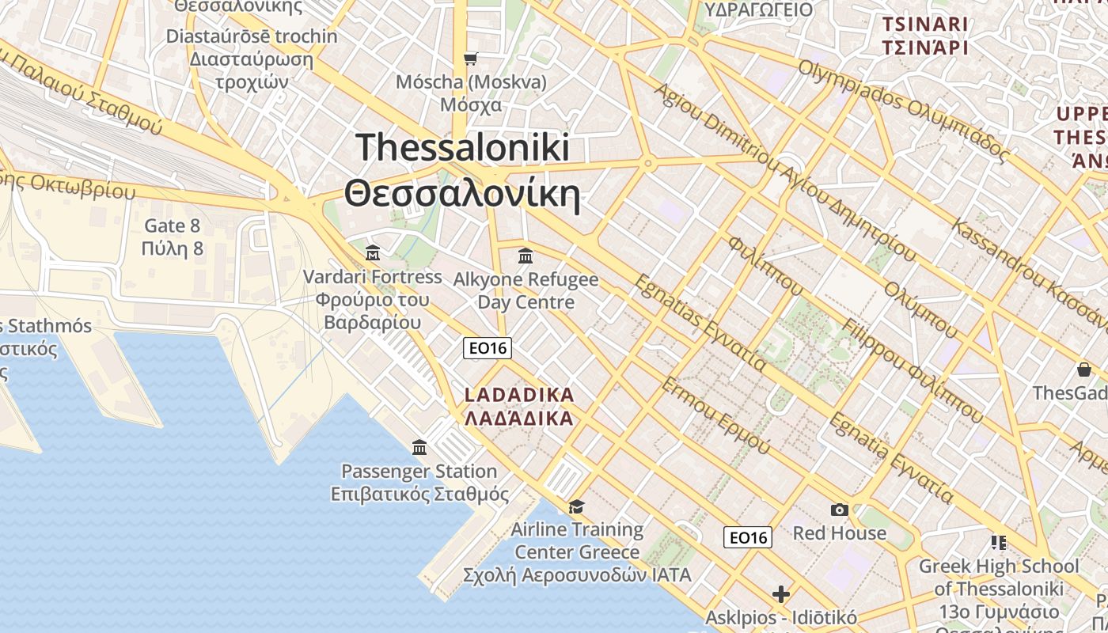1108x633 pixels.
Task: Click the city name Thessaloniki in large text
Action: [x=462, y=148]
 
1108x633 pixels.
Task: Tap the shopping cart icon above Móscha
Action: [x=470, y=59]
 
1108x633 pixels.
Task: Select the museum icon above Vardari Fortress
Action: [x=373, y=253]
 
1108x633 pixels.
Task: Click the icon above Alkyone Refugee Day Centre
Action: [x=526, y=256]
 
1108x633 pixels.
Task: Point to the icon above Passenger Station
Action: [x=419, y=448]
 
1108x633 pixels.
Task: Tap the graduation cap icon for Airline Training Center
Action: [x=576, y=506]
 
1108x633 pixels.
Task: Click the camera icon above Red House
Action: [x=839, y=510]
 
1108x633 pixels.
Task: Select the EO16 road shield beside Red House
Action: [x=748, y=538]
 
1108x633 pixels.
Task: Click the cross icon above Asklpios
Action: [x=781, y=594]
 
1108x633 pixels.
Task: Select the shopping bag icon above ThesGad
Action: [x=1083, y=370]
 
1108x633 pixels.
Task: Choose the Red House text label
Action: [x=840, y=533]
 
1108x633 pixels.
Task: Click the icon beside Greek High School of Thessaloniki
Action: [x=998, y=543]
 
